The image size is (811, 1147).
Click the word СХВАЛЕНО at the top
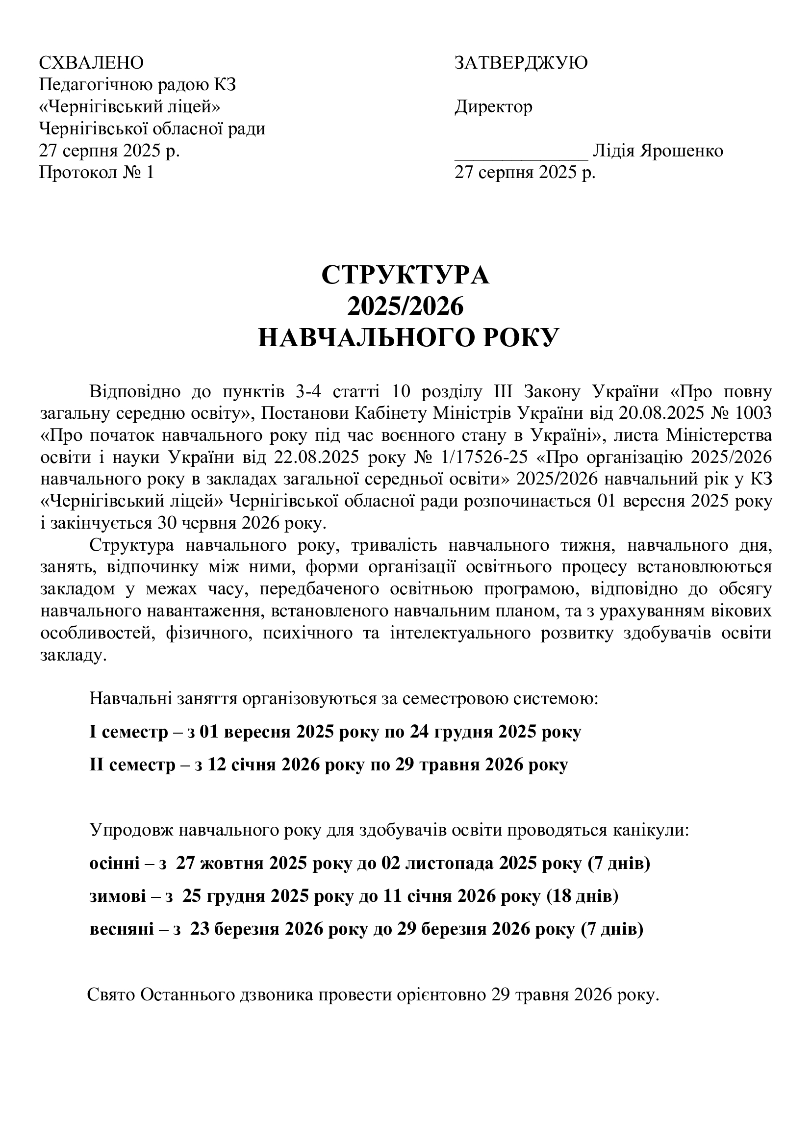(91, 63)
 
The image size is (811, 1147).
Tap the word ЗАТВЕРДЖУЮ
(520, 63)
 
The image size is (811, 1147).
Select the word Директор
(493, 107)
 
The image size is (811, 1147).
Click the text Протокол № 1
(97, 173)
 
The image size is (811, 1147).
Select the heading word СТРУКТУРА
(405, 275)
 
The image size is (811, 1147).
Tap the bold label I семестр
(128, 732)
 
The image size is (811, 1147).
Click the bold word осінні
(114, 864)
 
